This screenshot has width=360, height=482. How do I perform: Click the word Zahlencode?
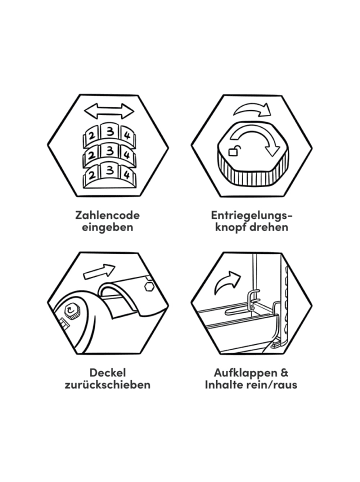click(107, 215)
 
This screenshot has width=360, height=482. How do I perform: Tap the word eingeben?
click(108, 228)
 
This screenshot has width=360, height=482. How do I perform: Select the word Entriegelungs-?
click(252, 216)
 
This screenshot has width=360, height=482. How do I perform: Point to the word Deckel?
click(107, 372)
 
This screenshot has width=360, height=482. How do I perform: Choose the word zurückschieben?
click(107, 385)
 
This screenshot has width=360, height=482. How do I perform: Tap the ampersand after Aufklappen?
click(285, 372)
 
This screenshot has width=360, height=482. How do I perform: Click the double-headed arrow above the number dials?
click(108, 111)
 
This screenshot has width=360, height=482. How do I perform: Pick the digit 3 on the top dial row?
click(110, 132)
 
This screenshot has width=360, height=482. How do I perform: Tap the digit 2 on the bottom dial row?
click(93, 175)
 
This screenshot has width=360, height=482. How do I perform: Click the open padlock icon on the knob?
click(233, 151)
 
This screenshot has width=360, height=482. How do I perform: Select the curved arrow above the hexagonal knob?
click(252, 110)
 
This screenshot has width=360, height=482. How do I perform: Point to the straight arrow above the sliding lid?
click(99, 271)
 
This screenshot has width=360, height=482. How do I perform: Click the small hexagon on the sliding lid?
click(149, 286)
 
